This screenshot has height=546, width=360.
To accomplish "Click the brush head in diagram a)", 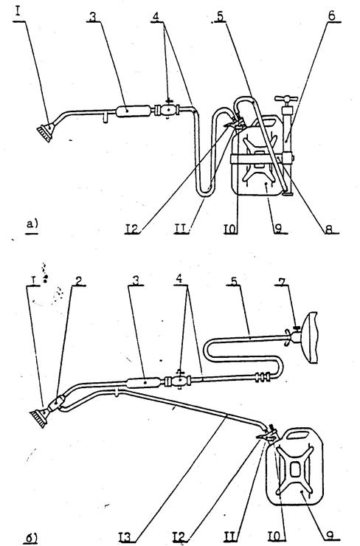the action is coord(45,133).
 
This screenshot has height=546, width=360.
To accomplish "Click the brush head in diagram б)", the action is coord(39,417).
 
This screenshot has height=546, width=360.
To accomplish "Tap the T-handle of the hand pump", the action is coord(286,100).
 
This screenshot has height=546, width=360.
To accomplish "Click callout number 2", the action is coord(79,280).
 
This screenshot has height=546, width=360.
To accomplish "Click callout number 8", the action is coord(329,229).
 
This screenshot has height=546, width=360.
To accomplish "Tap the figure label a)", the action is coord(32,224).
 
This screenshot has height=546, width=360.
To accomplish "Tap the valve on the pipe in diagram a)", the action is coord(168,110).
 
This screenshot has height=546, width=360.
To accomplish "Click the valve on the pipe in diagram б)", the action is coord(180,381).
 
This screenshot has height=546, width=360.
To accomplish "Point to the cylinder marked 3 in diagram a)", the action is coord(133,111).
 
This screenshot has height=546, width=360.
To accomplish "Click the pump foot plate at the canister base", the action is coord(288,193).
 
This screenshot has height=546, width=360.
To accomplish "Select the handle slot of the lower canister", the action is coord(297,435).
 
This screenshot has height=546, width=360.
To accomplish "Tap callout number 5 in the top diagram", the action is coord(220,16).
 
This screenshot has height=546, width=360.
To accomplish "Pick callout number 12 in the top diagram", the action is coord(133,228).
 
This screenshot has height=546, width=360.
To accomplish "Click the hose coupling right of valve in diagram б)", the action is coord(262,377).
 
